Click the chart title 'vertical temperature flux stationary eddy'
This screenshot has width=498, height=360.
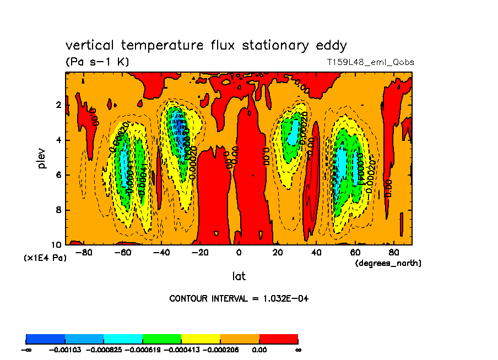206,45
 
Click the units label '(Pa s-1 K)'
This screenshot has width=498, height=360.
97,62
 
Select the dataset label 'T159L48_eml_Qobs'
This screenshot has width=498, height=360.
370,62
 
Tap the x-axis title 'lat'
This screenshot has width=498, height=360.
239,276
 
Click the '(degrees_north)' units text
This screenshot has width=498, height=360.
388,264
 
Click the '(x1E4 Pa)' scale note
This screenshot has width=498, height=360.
45,258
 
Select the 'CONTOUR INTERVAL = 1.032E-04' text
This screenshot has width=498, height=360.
239,299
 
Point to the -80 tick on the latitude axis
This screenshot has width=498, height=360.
83,253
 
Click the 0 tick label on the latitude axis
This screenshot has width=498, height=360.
239,253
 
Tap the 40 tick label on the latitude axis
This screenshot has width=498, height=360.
316,253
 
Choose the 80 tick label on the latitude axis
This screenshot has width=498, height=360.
393,253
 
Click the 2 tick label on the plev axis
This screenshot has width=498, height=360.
59,105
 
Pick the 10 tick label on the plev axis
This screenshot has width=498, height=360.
57,244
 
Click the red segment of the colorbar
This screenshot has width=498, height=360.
278,338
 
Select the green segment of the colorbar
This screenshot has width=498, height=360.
162,338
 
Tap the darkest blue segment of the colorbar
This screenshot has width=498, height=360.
46,338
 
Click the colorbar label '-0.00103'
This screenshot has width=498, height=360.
65,350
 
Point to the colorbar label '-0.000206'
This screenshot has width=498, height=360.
220,350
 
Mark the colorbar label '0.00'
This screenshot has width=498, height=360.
259,350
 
